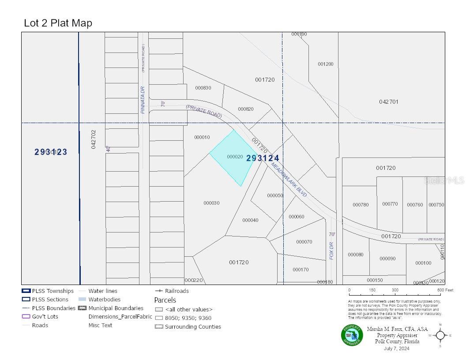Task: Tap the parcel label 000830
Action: click(x=203, y=88)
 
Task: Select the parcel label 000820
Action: click(x=246, y=109)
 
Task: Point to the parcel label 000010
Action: click(x=202, y=137)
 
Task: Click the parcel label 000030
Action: click(x=211, y=203)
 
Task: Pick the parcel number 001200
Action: click(x=326, y=64)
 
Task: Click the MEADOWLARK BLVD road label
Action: click(x=289, y=180)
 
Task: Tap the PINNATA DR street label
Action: click(x=143, y=100)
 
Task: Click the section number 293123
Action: click(x=51, y=152)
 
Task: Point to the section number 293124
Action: click(x=263, y=158)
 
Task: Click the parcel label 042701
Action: click(x=389, y=101)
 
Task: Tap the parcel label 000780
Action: click(x=361, y=204)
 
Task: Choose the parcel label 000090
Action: click(x=387, y=259)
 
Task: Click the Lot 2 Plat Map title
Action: click(x=58, y=23)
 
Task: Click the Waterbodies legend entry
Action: click(x=104, y=300)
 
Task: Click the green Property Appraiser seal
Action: click(x=352, y=335)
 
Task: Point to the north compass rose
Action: click(x=440, y=335)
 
